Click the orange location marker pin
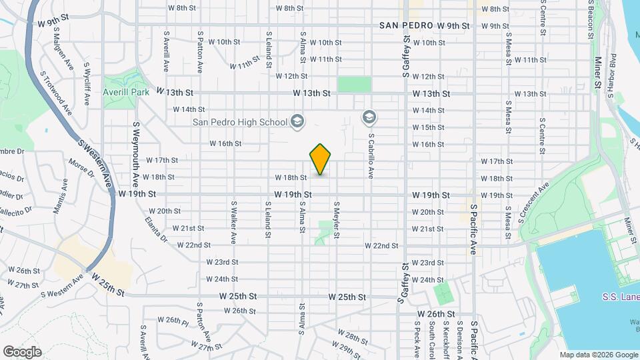321,159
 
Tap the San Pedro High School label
240,121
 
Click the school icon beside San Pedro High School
297,121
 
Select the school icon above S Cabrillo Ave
368,118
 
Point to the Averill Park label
126,92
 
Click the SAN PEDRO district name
407,25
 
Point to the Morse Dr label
81,167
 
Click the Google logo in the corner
22,351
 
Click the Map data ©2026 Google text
598,355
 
